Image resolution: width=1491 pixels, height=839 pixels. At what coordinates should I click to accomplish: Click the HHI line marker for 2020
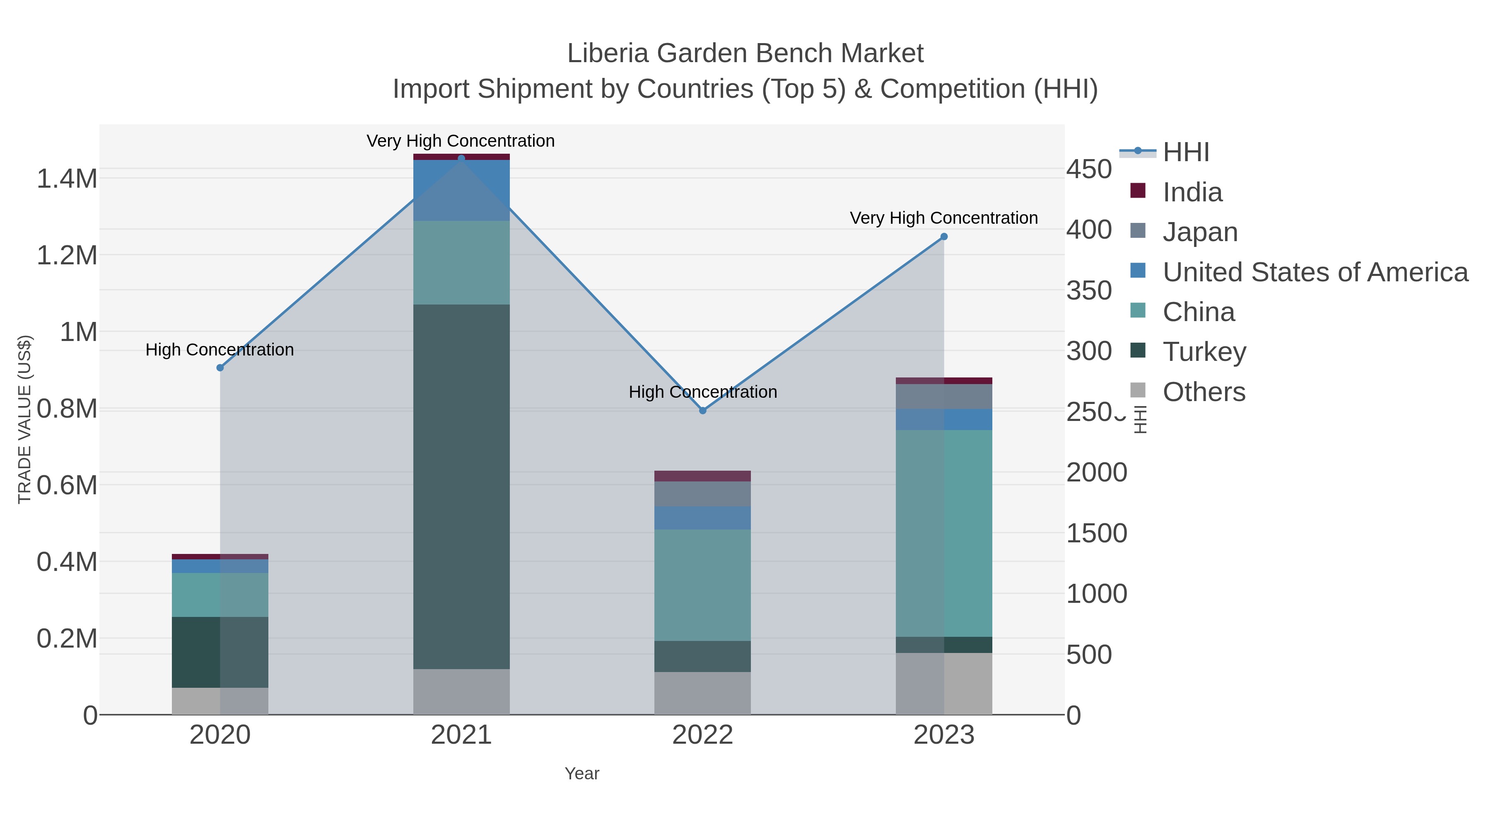[x=220, y=368]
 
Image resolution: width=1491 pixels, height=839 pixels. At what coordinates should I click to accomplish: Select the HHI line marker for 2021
[x=461, y=158]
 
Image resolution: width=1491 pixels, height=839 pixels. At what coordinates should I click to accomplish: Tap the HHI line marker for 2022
[x=703, y=411]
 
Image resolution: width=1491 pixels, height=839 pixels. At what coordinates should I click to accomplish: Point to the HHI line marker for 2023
[x=944, y=236]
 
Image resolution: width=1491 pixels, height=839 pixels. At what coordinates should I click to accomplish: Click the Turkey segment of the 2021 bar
[x=461, y=486]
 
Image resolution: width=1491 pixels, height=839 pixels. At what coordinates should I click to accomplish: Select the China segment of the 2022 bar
[x=703, y=585]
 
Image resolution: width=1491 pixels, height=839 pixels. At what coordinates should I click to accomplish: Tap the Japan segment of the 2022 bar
[x=703, y=494]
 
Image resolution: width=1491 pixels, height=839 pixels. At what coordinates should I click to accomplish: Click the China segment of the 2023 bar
[x=944, y=533]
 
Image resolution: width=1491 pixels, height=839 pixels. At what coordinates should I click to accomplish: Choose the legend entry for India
[x=1192, y=192]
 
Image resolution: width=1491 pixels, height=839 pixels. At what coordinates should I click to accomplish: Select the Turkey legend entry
[x=1204, y=352]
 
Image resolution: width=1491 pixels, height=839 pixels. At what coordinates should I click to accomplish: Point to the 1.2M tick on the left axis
[x=67, y=255]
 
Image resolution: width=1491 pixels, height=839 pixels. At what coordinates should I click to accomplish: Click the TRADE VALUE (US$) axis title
[x=24, y=419]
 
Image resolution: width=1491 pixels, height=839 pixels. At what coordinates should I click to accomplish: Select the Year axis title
[x=582, y=774]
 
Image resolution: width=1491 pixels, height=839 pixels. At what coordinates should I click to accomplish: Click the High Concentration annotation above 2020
[x=220, y=350]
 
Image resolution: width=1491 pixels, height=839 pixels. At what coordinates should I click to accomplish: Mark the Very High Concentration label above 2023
[x=943, y=218]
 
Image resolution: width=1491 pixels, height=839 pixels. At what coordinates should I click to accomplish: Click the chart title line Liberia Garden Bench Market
[x=745, y=53]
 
